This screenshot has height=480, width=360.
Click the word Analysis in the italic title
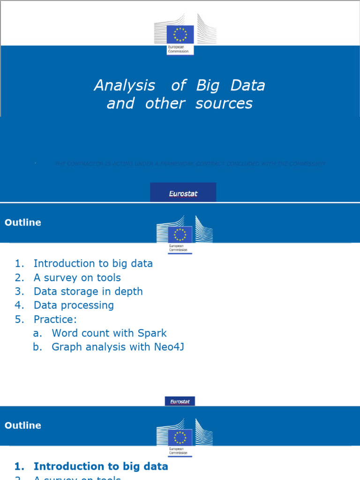[x=124, y=86]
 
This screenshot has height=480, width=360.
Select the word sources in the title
[x=224, y=104]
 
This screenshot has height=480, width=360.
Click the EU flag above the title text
[x=180, y=35]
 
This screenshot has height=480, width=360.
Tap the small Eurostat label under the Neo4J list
[x=180, y=401]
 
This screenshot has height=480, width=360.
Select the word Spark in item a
[x=152, y=333]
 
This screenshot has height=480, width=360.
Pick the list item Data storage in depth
[x=88, y=292]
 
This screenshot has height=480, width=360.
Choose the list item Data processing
[x=74, y=306]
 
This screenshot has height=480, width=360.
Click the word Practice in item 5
[x=53, y=320]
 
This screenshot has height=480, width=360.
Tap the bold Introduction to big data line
[x=101, y=466]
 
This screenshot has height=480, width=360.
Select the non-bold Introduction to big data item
[x=93, y=264]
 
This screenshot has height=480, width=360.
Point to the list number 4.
[x=19, y=306]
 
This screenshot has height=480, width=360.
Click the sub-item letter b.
[x=37, y=347]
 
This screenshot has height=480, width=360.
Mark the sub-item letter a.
[x=37, y=333]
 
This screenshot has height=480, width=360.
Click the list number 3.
[x=19, y=292]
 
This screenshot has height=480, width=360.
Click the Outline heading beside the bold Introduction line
[x=23, y=426]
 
